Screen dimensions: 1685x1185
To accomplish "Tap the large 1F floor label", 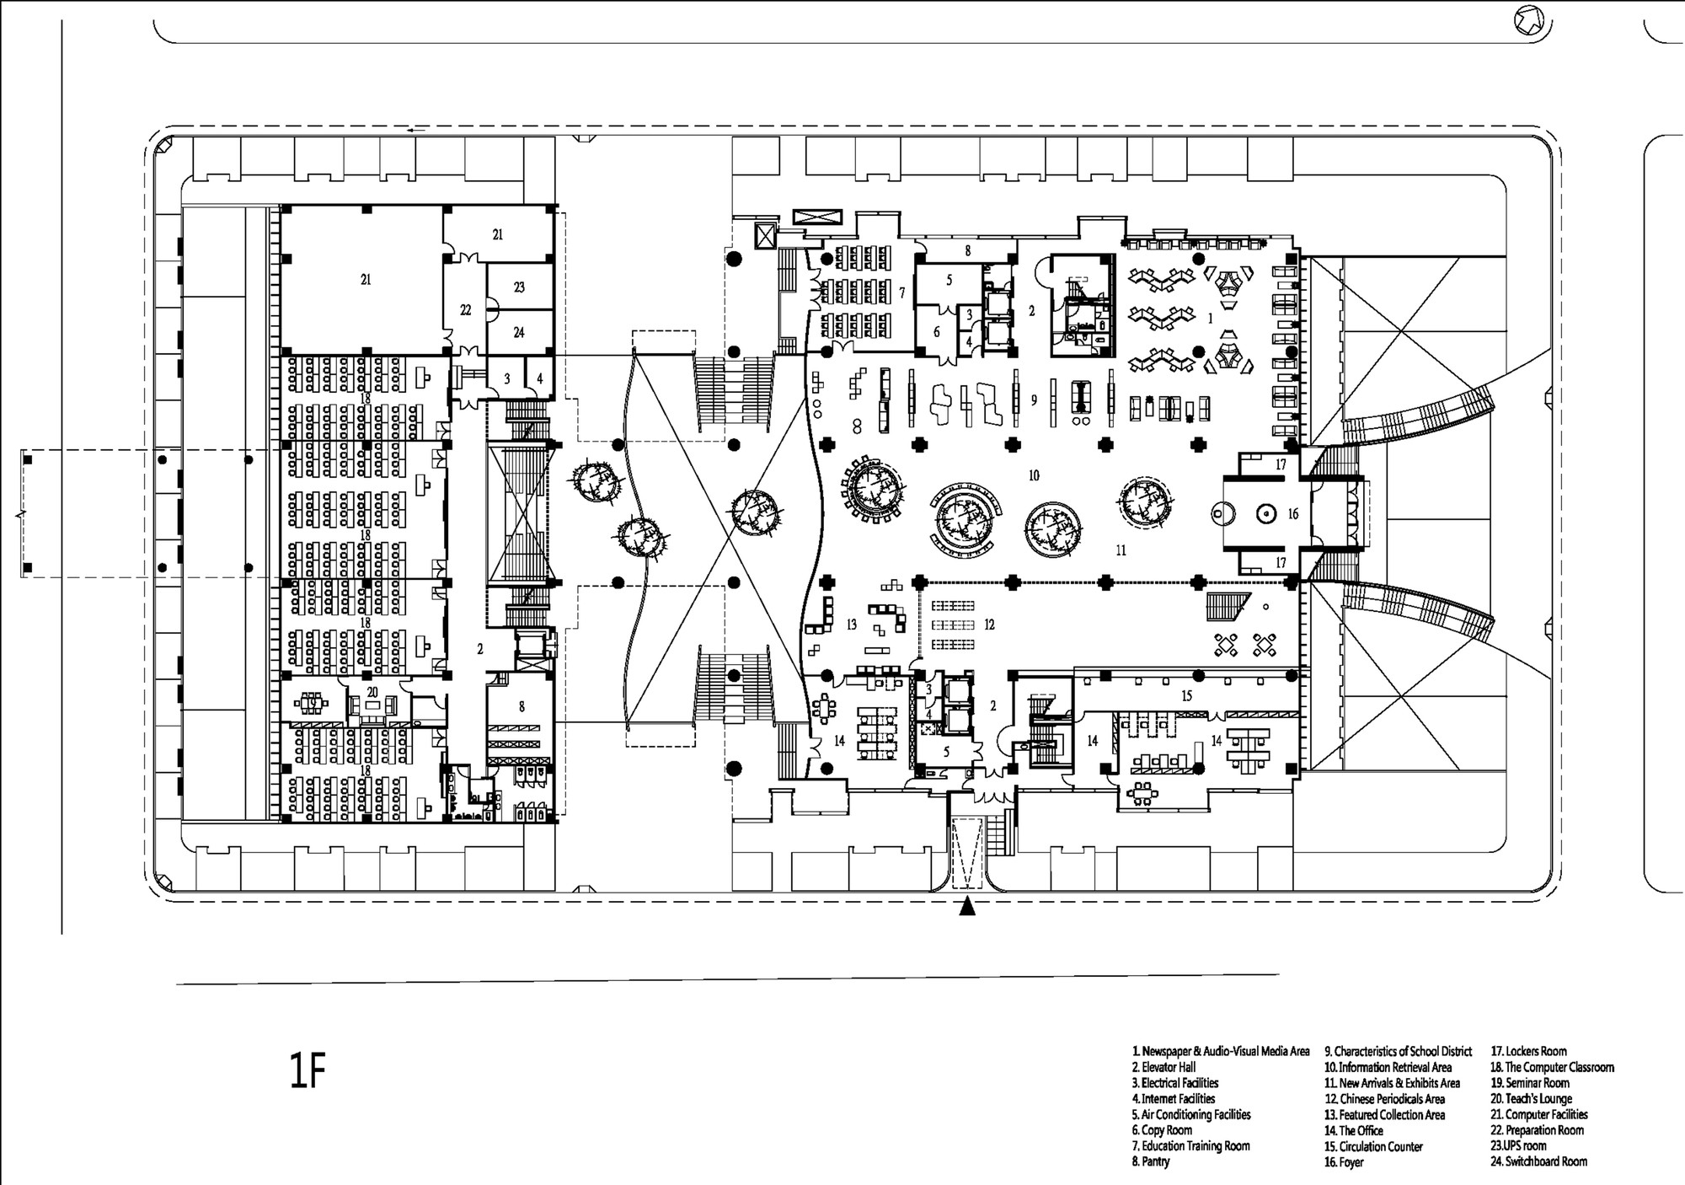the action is [x=307, y=1072].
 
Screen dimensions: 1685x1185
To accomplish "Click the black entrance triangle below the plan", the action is [x=968, y=907].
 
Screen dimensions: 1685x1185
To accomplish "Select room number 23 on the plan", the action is [x=519, y=287].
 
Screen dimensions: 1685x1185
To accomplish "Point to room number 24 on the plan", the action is [x=519, y=332].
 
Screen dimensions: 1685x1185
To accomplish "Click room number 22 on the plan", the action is [x=466, y=310].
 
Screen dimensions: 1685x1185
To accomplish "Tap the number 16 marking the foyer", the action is [x=1293, y=513].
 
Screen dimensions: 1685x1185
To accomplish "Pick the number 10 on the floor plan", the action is [x=1034, y=475].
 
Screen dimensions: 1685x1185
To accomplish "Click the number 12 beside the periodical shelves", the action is [x=989, y=625].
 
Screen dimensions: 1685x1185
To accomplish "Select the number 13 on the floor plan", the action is [x=852, y=625].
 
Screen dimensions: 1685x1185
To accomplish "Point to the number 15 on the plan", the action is [x=1187, y=695].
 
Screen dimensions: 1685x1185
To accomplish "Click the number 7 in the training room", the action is [x=901, y=292].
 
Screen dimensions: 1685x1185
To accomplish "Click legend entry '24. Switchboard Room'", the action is [x=1539, y=1161].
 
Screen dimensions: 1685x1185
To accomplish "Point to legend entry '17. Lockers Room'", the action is [x=1529, y=1051].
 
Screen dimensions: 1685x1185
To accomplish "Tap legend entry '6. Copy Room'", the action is [x=1162, y=1130].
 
